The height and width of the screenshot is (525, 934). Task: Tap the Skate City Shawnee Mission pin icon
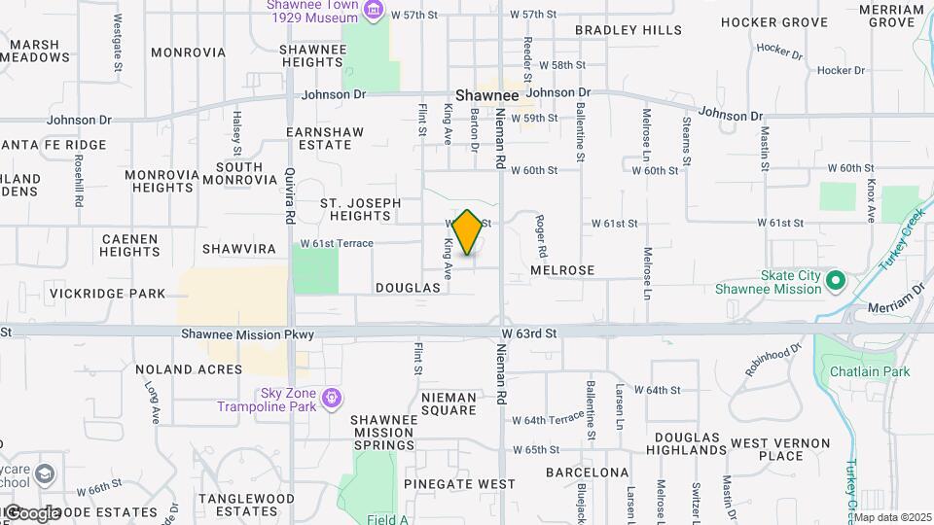tap(835, 282)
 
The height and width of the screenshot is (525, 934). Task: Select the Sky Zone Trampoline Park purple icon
tap(333, 398)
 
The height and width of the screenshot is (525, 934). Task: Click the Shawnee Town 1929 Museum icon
tap(373, 11)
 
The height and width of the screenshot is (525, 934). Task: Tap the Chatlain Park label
tap(870, 371)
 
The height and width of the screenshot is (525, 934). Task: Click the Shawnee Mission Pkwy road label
tap(248, 334)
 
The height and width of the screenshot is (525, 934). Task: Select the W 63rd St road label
tap(528, 334)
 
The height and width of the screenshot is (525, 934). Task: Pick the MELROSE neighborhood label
tap(562, 269)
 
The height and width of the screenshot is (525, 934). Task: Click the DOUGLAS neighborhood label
tap(408, 289)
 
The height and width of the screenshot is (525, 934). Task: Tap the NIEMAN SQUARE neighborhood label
tap(449, 403)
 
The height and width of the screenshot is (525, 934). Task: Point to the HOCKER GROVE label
tap(775, 21)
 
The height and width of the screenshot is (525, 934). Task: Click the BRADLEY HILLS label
tap(629, 30)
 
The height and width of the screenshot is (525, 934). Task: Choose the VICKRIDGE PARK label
tap(108, 293)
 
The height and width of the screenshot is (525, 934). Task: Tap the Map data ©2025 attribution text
tap(892, 517)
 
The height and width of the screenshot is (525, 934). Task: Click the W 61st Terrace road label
tap(337, 243)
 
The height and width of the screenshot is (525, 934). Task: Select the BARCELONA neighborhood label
tap(587, 472)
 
